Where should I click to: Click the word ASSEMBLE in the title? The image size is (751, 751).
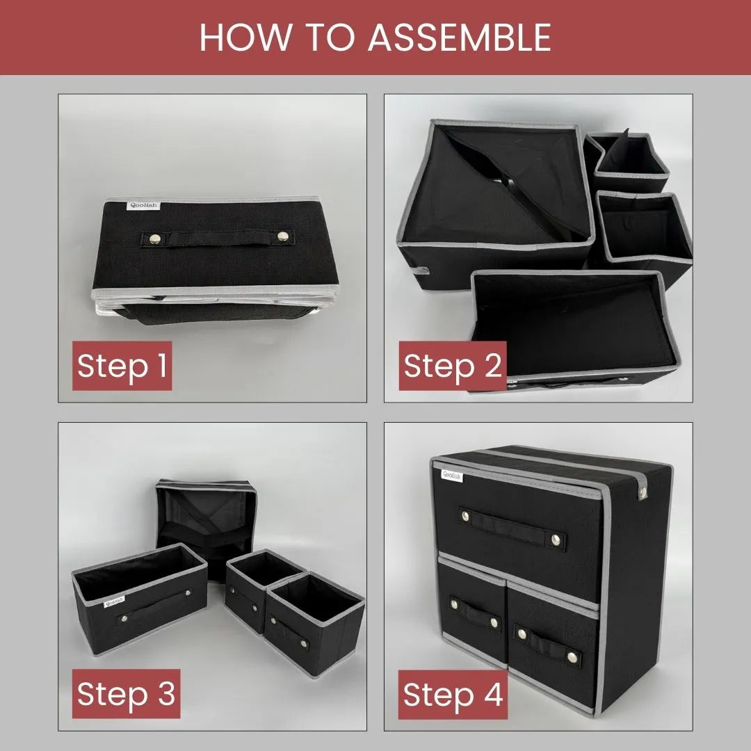coord(459,38)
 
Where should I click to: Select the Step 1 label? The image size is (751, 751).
coord(122,366)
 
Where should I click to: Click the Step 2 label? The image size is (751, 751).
coord(452,366)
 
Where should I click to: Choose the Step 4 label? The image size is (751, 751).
coord(453,695)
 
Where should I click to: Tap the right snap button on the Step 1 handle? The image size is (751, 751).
coord(282,237)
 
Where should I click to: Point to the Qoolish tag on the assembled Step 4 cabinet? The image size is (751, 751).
coord(452,476)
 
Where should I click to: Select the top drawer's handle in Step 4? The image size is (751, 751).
coord(512,529)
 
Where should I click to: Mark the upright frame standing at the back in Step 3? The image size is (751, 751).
coord(205,518)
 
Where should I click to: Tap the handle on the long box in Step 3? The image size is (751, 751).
coord(154,607)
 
